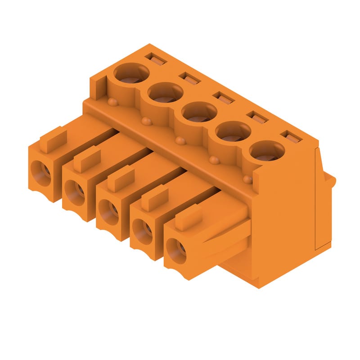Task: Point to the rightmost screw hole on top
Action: point(267,151)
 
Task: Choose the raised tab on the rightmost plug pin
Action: point(188,217)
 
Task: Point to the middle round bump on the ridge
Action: point(180,141)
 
